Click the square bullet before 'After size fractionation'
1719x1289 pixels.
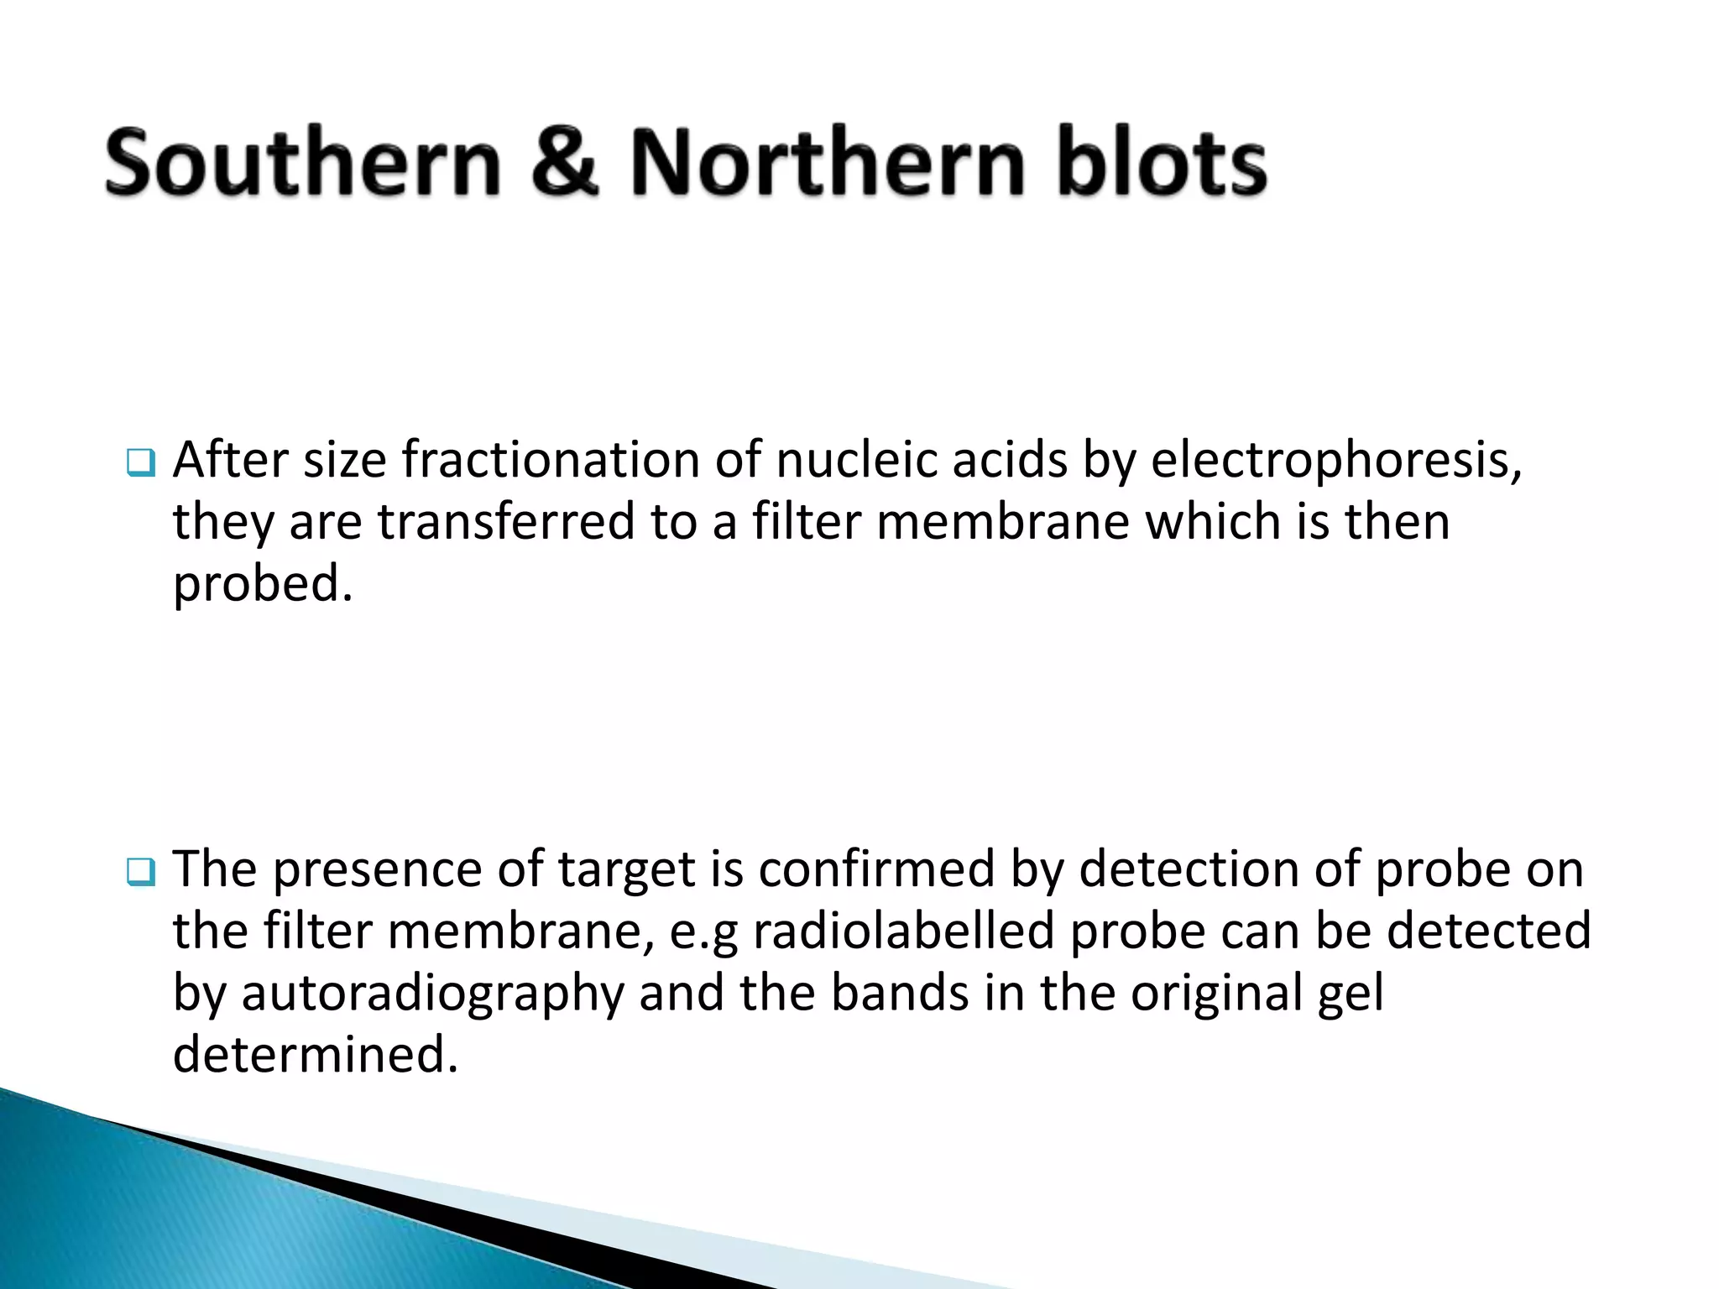pyautogui.click(x=140, y=463)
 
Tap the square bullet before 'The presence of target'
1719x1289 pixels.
pyautogui.click(x=140, y=873)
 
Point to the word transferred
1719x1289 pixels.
pyautogui.click(x=505, y=521)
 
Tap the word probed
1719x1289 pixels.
pyautogui.click(x=262, y=585)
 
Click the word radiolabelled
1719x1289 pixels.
pyautogui.click(x=903, y=931)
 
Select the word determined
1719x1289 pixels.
pyautogui.click(x=315, y=1054)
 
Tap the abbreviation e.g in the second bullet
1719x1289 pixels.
pyautogui.click(x=703, y=932)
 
